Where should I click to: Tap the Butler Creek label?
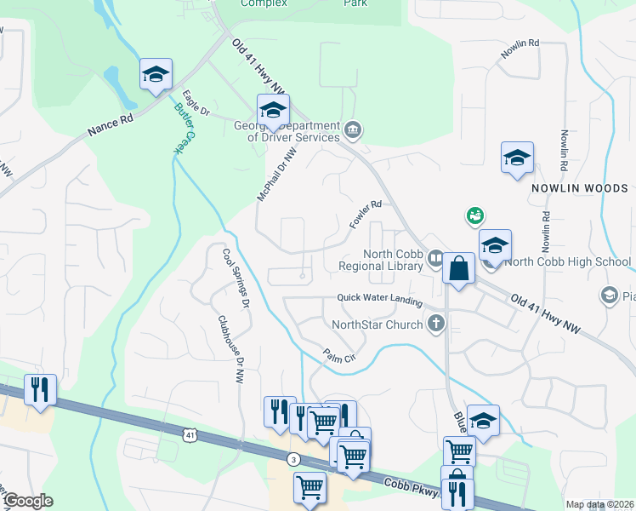184,128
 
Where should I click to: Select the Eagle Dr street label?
196,103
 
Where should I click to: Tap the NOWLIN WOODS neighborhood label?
579,188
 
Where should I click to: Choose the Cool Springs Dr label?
235,278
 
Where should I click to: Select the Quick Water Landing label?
379,297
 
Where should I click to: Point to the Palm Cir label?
338,356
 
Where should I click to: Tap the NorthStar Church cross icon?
436,323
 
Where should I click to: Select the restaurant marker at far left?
40,390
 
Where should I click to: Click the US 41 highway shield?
188,434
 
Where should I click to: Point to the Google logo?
28,501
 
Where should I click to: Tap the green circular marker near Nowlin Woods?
474,216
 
